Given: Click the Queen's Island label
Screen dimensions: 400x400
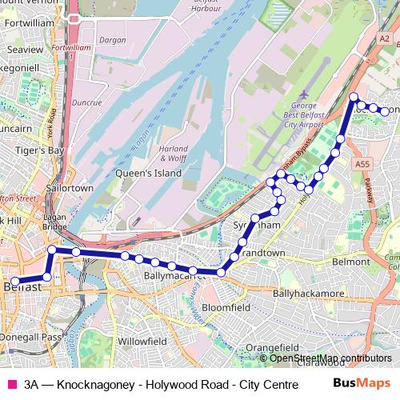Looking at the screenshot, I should [x=140, y=172].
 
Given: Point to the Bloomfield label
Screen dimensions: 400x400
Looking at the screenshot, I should [x=228, y=306].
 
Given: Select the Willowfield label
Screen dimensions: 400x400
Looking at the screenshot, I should [x=141, y=341].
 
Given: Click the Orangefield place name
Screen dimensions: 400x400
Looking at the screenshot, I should [x=271, y=348].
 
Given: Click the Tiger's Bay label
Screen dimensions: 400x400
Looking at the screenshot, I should [x=38, y=150].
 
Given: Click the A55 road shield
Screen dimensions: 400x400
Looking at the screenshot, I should [x=363, y=163].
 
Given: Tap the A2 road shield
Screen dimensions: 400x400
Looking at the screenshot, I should [x=385, y=38].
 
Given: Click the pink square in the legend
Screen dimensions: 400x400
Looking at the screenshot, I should [x=11, y=384].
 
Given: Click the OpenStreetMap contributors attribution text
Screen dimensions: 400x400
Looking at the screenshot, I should [x=330, y=358].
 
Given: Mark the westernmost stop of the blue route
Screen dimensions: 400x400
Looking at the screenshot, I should [x=14, y=281].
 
